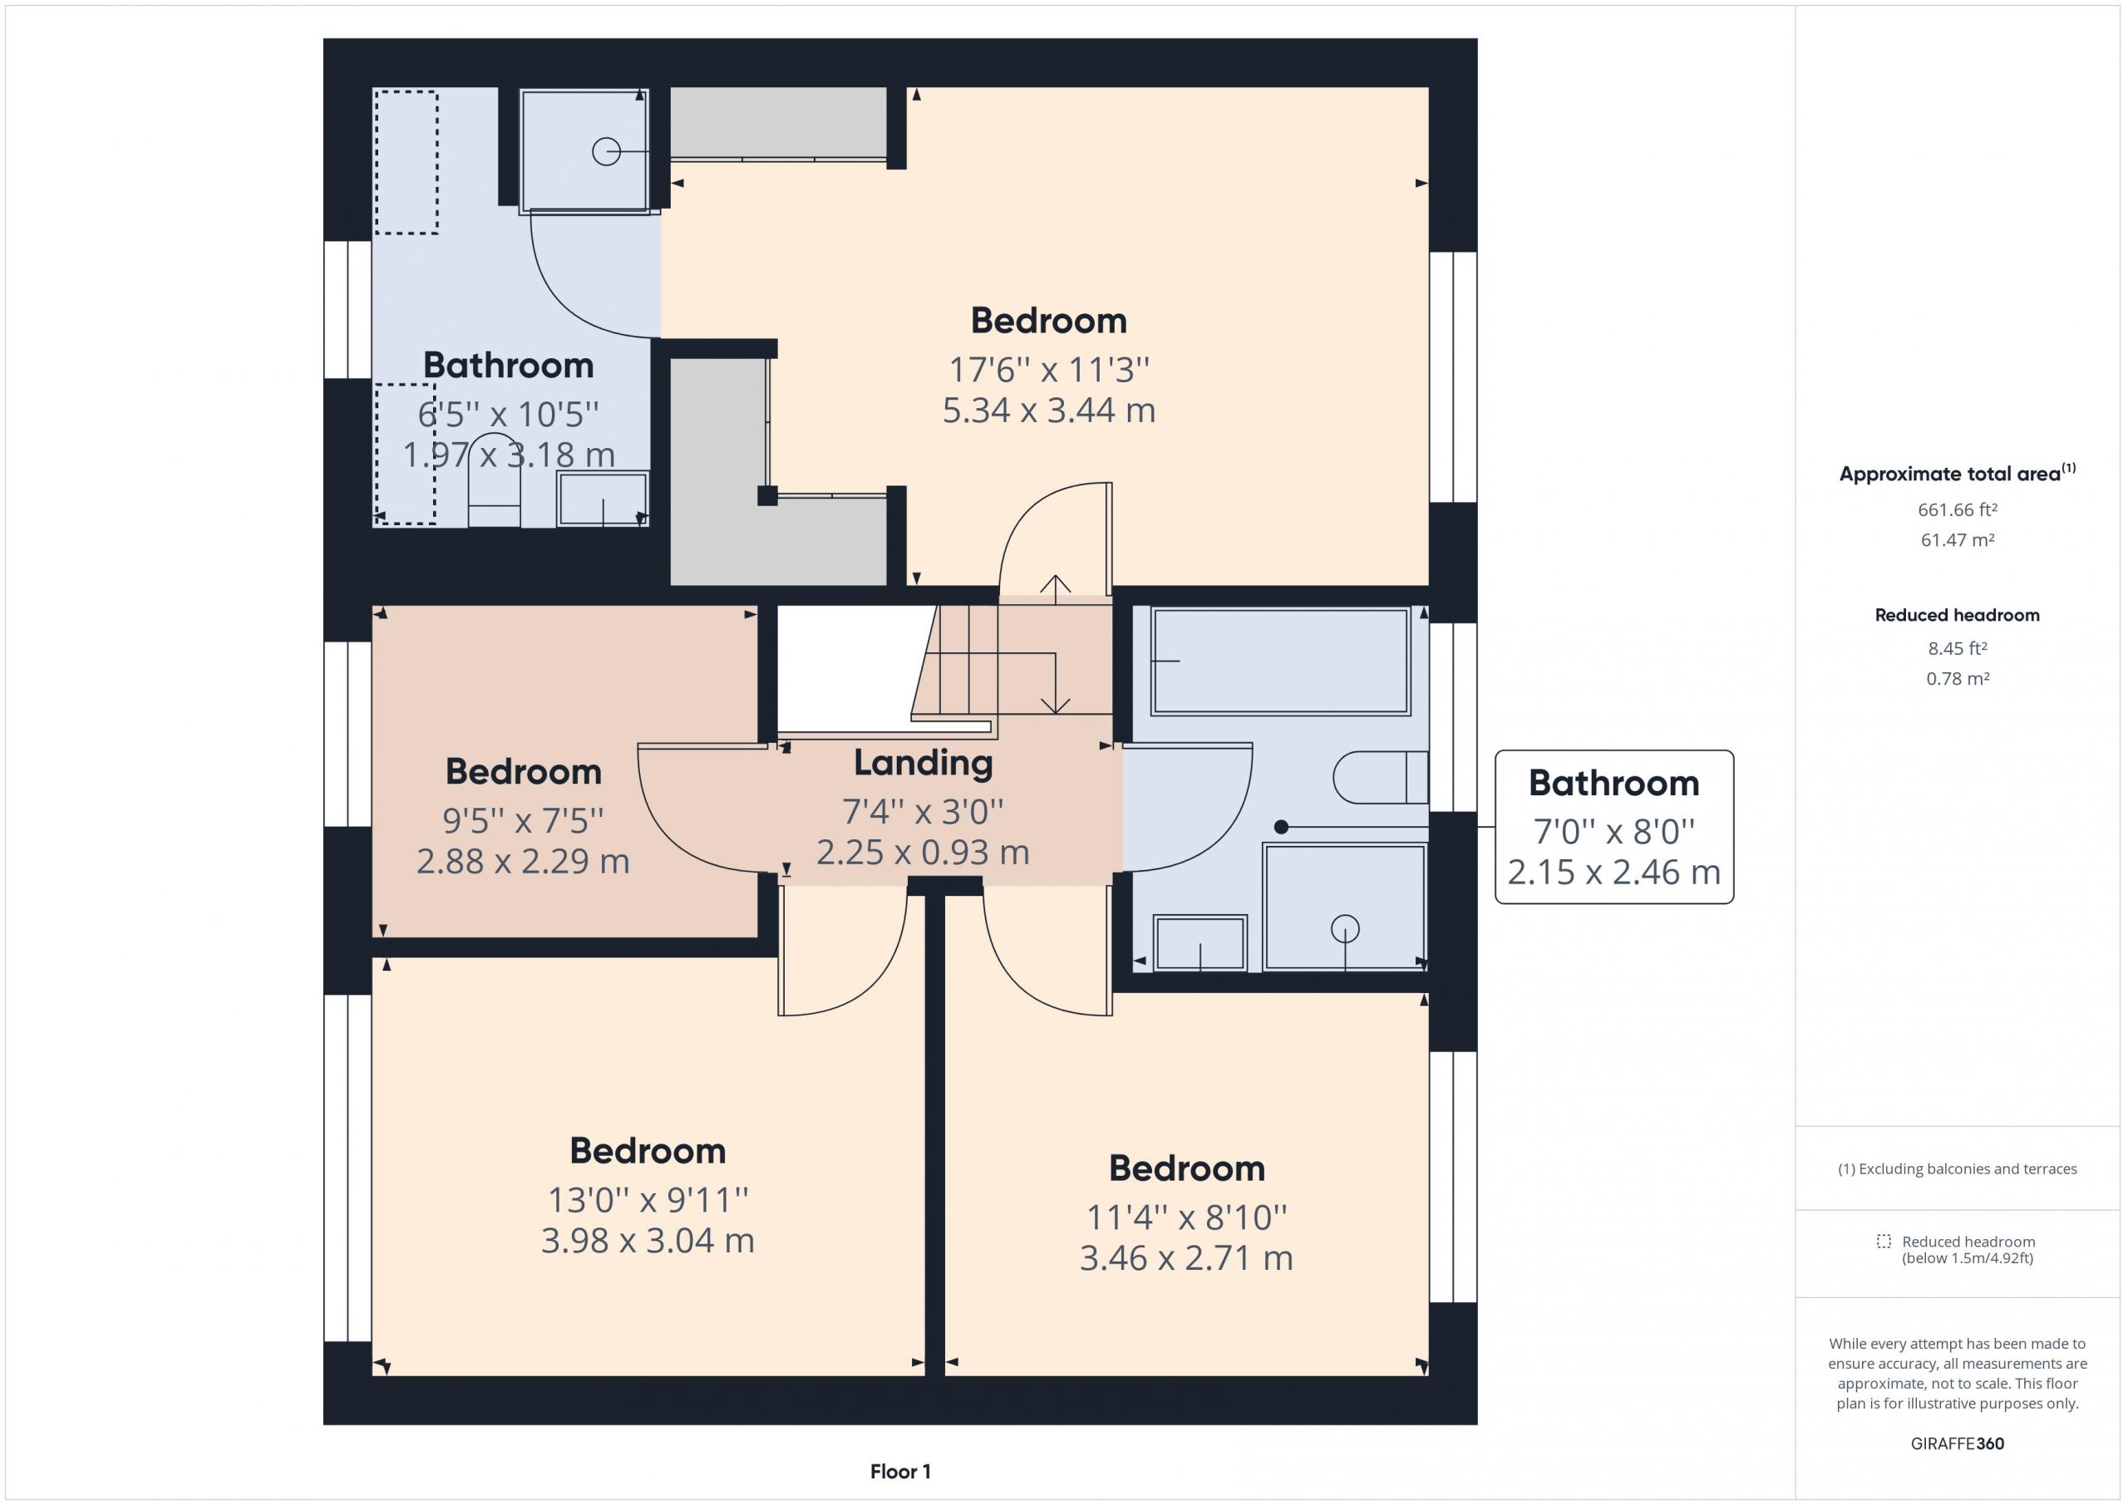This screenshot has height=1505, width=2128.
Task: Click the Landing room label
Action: pos(924,764)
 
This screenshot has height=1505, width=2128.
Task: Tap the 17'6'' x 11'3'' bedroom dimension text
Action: pos(1048,370)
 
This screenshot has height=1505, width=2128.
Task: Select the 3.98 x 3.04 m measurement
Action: pos(648,1240)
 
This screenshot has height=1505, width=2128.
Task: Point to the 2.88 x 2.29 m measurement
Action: pos(523,862)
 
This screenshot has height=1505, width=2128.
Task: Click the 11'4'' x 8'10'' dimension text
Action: pos(1186,1217)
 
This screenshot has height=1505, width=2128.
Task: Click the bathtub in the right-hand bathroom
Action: pos(1280,661)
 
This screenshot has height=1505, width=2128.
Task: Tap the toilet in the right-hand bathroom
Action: pos(1380,776)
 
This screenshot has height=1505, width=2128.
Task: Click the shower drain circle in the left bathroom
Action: pos(606,151)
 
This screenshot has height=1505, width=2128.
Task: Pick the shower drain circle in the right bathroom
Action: pos(1345,927)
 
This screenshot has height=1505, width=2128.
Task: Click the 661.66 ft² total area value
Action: pos(1958,509)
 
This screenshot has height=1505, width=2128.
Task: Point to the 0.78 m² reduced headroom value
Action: pos(1958,678)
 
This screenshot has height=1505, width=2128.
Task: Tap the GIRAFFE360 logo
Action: pos(1958,1444)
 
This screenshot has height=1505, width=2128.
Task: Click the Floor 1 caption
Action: pos(900,1472)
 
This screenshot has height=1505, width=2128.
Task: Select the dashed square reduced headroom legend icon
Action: pos(1884,1241)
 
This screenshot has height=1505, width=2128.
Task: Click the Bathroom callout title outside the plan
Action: pos(1613,784)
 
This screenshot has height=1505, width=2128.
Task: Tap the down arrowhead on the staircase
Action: pos(1056,706)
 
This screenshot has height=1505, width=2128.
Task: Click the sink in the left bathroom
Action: pos(603,499)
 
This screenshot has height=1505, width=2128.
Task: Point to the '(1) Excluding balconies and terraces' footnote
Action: pos(1958,1169)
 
